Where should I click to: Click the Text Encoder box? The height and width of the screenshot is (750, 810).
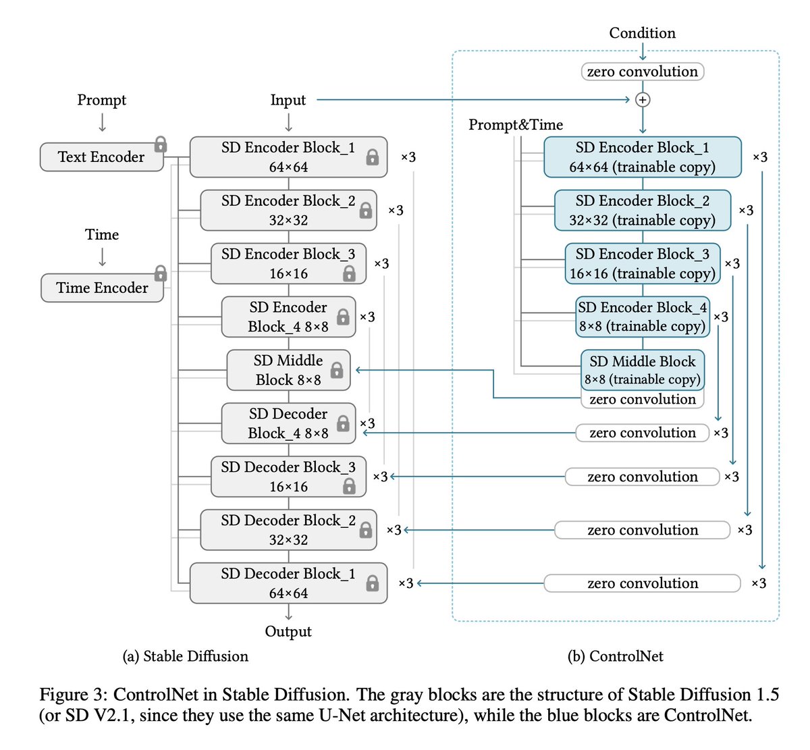pyautogui.click(x=101, y=157)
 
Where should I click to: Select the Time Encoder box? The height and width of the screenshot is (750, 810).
pyautogui.click(x=102, y=288)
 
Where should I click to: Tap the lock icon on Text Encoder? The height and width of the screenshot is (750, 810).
pyautogui.click(x=161, y=144)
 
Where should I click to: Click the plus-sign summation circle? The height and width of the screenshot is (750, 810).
pyautogui.click(x=643, y=100)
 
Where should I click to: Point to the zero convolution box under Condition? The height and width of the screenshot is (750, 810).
pyautogui.click(x=643, y=72)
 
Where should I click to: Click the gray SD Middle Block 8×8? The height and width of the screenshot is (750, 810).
pyautogui.click(x=288, y=370)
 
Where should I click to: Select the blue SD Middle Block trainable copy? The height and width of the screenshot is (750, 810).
pyautogui.click(x=643, y=370)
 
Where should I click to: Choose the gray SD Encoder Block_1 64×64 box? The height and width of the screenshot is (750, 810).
pyautogui.click(x=288, y=157)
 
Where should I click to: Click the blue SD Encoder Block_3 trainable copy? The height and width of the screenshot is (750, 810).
pyautogui.click(x=643, y=263)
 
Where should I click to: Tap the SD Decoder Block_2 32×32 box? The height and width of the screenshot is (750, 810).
pyautogui.click(x=288, y=530)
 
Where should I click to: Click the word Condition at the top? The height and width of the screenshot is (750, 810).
pyautogui.click(x=642, y=33)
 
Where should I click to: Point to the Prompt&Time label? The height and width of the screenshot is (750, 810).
pyautogui.click(x=516, y=125)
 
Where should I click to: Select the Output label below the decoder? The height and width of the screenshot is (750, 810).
pyautogui.click(x=288, y=632)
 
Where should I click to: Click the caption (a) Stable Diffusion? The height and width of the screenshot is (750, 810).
pyautogui.click(x=186, y=656)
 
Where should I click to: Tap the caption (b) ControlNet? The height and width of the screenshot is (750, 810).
pyautogui.click(x=616, y=656)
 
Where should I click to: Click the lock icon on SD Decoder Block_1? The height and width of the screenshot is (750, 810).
pyautogui.click(x=372, y=583)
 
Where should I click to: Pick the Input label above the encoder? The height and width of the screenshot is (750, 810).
pyautogui.click(x=288, y=100)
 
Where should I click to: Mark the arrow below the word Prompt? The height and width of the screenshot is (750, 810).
pyautogui.click(x=102, y=122)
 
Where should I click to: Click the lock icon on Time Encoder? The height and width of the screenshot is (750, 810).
pyautogui.click(x=161, y=273)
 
